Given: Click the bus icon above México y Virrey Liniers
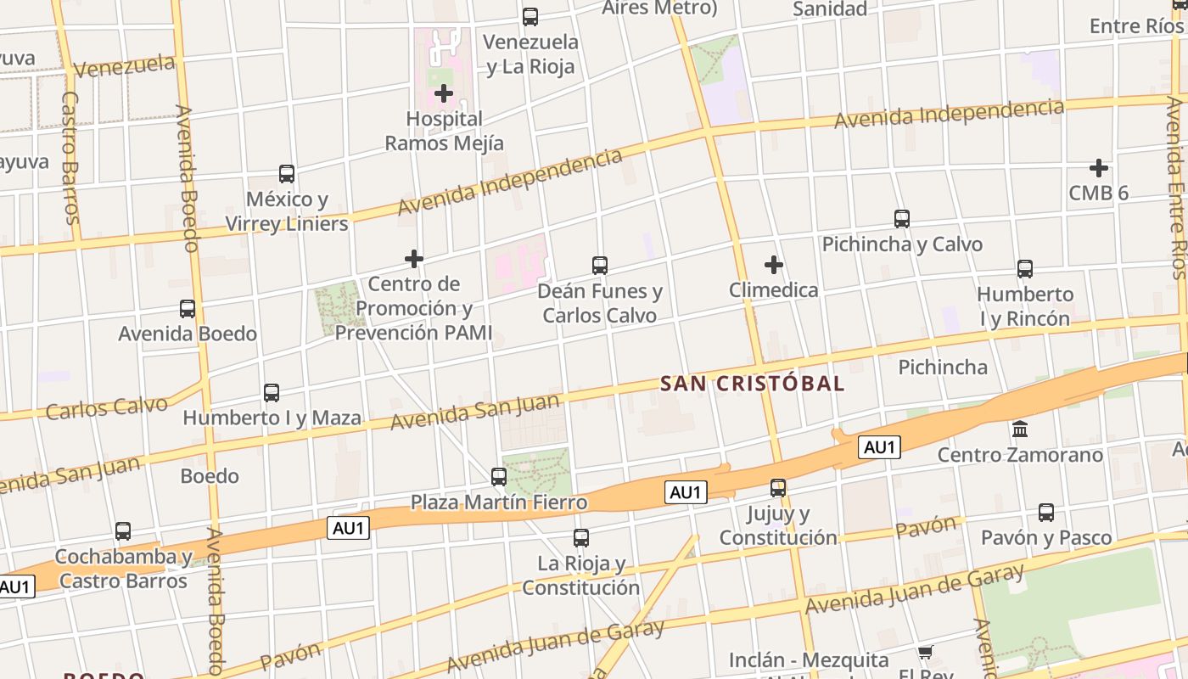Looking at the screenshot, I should [287, 174].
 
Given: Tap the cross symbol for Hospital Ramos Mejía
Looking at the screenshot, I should [443, 93].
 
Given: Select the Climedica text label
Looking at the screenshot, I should [773, 290].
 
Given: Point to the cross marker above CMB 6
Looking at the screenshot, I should [1098, 167].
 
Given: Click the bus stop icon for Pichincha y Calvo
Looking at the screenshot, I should [902, 219].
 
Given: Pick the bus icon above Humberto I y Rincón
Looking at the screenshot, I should [1025, 269].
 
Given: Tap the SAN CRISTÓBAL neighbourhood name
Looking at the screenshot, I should [752, 384].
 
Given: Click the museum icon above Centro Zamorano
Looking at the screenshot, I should [1020, 429].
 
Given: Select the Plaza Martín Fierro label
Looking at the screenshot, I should [499, 502].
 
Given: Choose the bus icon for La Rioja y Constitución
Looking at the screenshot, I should [581, 538].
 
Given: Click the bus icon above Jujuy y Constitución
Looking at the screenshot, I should [778, 488].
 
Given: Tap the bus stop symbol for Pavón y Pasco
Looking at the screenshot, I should [1046, 513].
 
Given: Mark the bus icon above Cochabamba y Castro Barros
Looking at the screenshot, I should [123, 532].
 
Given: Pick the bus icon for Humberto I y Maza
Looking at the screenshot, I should [272, 393].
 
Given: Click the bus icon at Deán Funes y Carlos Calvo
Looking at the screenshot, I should [600, 266].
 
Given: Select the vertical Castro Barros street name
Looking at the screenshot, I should [70, 157].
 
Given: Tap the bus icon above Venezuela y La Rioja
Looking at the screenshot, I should [530, 16].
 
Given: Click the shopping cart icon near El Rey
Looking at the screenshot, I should [925, 653].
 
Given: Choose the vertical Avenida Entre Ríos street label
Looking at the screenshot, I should [1176, 187].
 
